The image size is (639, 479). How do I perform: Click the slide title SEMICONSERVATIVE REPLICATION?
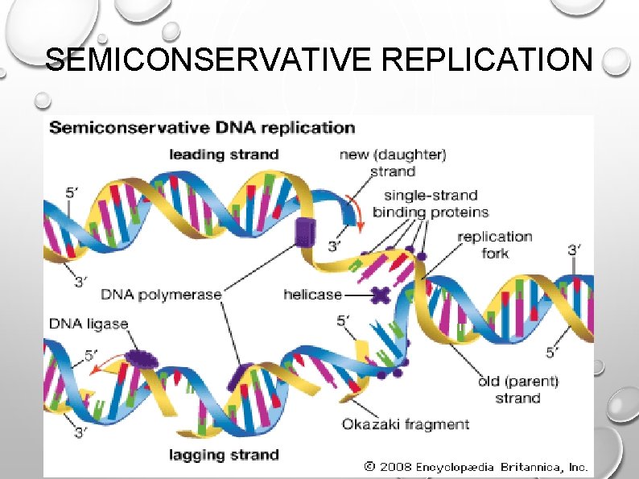click(x=320, y=59)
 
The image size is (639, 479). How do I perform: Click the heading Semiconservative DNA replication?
click(x=202, y=127)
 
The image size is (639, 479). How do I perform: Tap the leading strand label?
click(x=223, y=155)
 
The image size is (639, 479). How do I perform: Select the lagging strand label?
click(x=223, y=456)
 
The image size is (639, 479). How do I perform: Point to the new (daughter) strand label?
click(x=393, y=163)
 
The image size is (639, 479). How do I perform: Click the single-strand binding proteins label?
click(x=435, y=204)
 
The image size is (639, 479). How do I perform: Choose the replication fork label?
click(x=494, y=245)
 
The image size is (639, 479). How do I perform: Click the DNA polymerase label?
click(x=160, y=295)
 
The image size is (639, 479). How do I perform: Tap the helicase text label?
click(x=312, y=295)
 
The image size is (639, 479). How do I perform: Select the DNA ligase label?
click(x=89, y=324)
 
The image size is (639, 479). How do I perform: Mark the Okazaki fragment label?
click(x=405, y=424)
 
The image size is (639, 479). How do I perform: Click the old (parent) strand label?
click(x=517, y=390)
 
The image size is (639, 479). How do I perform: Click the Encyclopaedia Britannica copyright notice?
click(x=476, y=466)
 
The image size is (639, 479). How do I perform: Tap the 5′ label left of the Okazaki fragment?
click(x=344, y=320)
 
